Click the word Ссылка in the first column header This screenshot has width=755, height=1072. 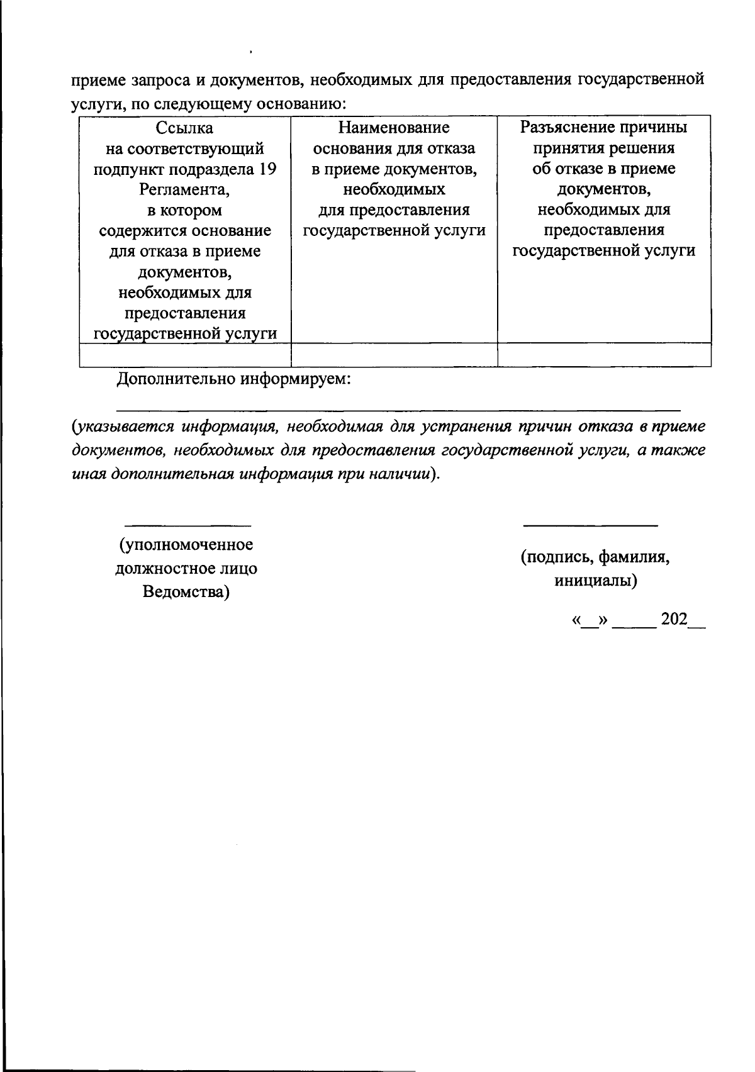pyautogui.click(x=185, y=128)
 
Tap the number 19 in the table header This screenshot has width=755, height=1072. pyautogui.click(x=269, y=169)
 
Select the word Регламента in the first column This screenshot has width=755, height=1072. pyautogui.click(x=184, y=190)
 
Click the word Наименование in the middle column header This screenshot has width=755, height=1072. pyautogui.click(x=394, y=128)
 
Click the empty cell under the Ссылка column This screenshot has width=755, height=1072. pyautogui.click(x=185, y=355)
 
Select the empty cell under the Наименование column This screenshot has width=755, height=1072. pyautogui.click(x=394, y=355)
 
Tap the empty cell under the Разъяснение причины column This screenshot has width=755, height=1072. pyautogui.click(x=604, y=355)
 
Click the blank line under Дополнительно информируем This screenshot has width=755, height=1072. pyautogui.click(x=399, y=410)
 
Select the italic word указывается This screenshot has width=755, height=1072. pyautogui.click(x=123, y=427)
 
